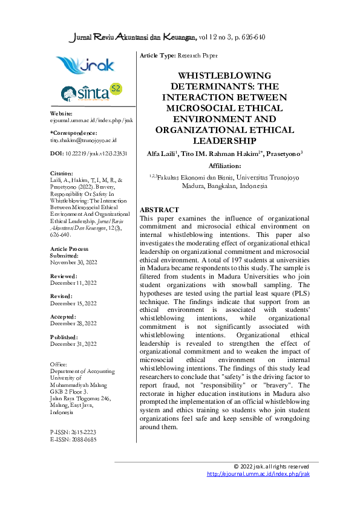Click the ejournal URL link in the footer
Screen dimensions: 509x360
point(258,475)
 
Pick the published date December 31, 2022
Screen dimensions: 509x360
point(73,344)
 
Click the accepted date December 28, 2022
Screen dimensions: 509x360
point(73,323)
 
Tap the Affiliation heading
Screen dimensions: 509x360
point(224,165)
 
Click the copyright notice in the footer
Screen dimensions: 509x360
point(272,467)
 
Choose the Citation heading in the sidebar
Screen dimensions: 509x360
point(62,173)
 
